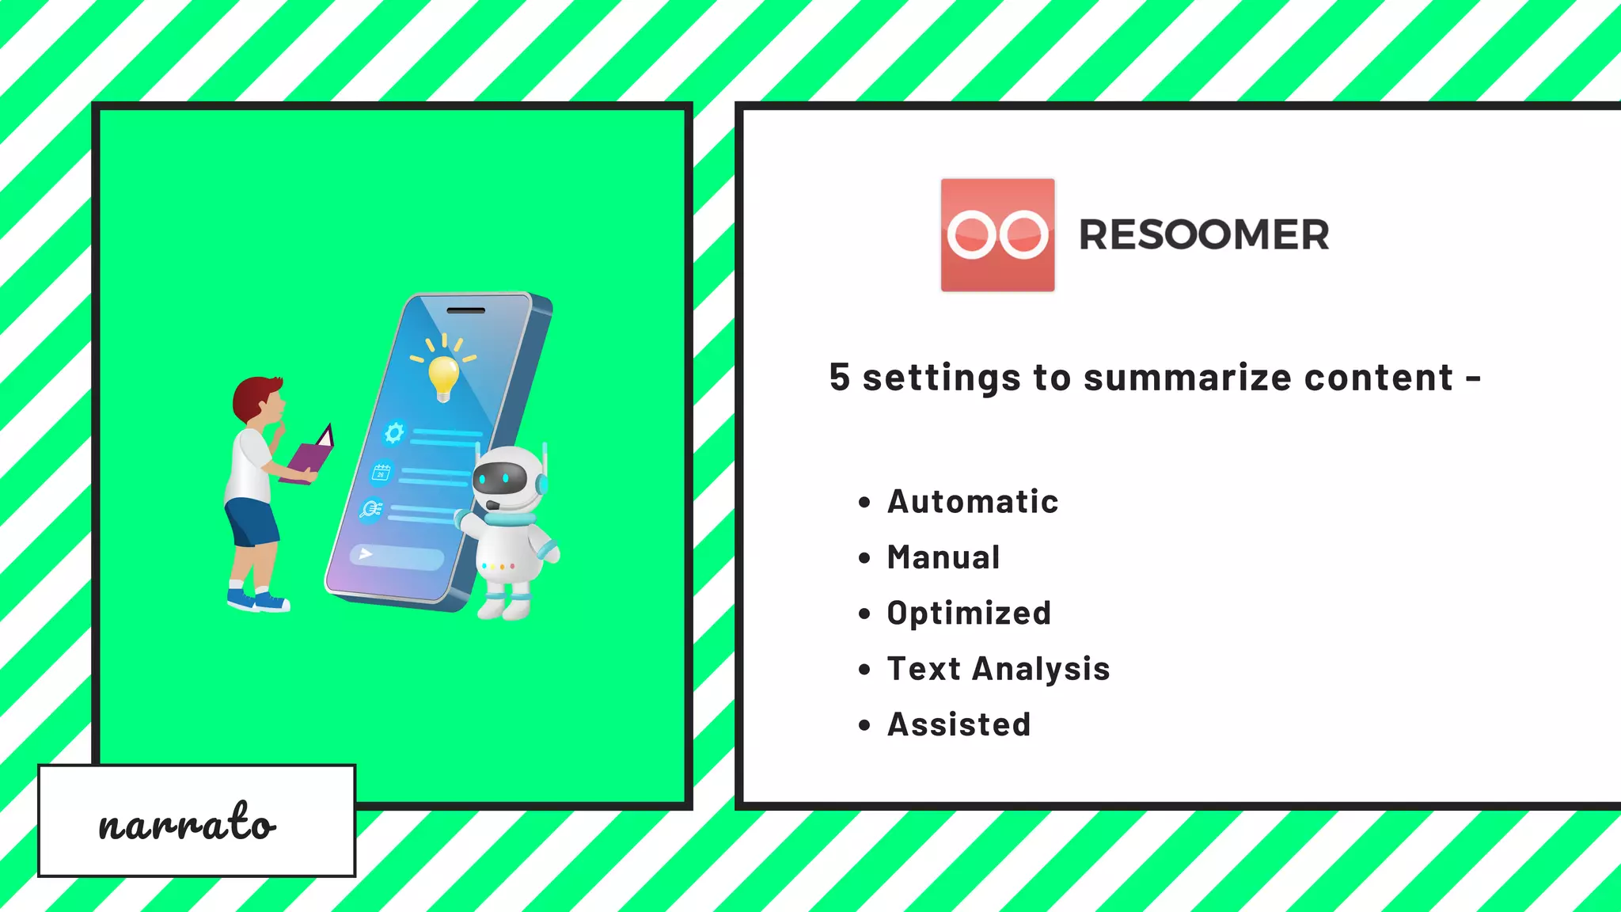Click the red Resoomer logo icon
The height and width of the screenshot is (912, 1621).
(x=997, y=235)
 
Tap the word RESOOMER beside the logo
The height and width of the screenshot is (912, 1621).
(x=1204, y=235)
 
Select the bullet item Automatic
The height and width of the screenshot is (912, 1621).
(x=972, y=502)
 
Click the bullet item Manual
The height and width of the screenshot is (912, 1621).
(x=943, y=557)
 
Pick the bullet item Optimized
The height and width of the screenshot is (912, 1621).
(x=969, y=614)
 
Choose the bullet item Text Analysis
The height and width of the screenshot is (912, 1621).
(x=998, y=669)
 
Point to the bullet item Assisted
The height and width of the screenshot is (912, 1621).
(x=959, y=724)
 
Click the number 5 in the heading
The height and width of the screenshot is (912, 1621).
(x=839, y=378)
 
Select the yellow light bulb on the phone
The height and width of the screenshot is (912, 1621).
(x=443, y=375)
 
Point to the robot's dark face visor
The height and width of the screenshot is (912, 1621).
(x=499, y=477)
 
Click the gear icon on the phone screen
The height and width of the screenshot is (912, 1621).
(x=393, y=432)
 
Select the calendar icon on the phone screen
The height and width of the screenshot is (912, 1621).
(x=382, y=473)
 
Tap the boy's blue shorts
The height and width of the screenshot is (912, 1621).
(x=252, y=522)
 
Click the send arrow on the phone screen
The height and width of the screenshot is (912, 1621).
(x=366, y=553)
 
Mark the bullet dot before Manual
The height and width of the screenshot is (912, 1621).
(x=864, y=558)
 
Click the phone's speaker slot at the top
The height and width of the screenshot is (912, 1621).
(x=465, y=310)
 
